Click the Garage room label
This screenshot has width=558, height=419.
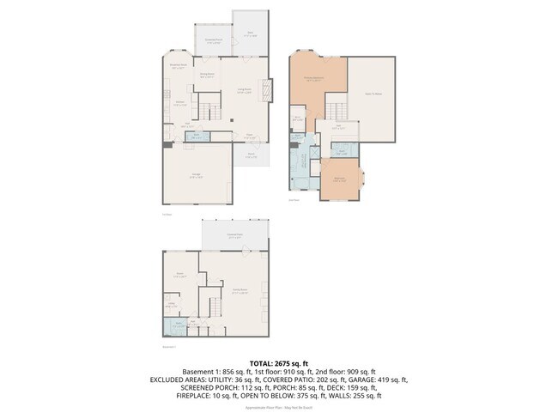click(x=197, y=175)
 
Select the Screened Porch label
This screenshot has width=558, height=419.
click(x=213, y=40)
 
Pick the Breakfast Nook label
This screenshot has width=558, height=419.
click(x=179, y=66)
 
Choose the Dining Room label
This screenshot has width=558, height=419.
click(x=207, y=76)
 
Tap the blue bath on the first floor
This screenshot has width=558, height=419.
click(x=196, y=136)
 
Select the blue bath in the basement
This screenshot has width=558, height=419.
click(x=177, y=327)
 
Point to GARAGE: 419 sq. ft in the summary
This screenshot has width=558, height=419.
click(x=377, y=379)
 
